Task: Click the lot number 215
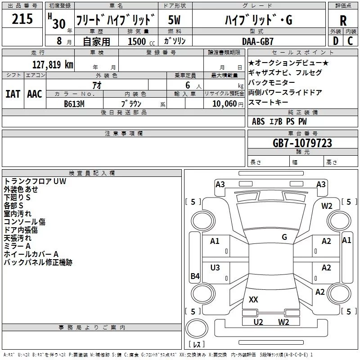[22, 19]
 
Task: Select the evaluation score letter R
[343, 21]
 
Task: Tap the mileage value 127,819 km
[52, 64]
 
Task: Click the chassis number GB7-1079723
[302, 143]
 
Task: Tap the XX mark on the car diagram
[253, 299]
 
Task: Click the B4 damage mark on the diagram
[194, 276]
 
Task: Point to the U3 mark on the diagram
[215, 268]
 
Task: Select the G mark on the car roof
[284, 237]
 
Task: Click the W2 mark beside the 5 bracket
[327, 206]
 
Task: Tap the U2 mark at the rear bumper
[258, 322]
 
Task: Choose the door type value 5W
[175, 20]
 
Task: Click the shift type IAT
[13, 94]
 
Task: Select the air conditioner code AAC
[35, 94]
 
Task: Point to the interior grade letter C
[350, 41]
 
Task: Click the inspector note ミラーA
[17, 246]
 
